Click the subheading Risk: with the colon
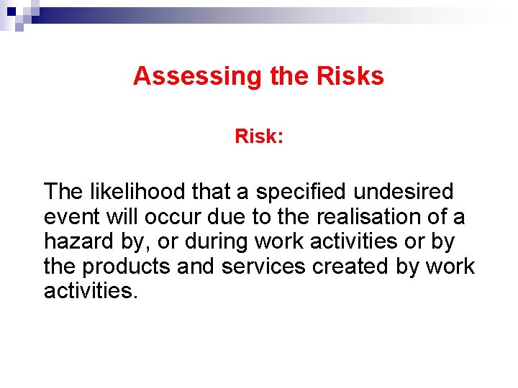pyautogui.click(x=259, y=136)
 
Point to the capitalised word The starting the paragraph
pyautogui.click(x=62, y=192)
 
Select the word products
pyautogui.click(x=126, y=267)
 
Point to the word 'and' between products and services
pyautogui.click(x=196, y=266)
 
